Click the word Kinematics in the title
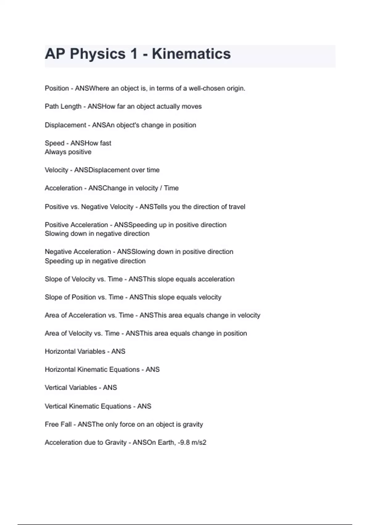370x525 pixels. pyautogui.click(x=191, y=54)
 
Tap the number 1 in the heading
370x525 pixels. pyautogui.click(x=134, y=54)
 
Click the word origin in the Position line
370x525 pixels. pyautogui.click(x=236, y=88)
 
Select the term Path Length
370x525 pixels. pyautogui.click(x=63, y=107)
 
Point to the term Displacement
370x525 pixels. pyautogui.click(x=65, y=125)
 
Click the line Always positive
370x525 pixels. pyautogui.click(x=68, y=152)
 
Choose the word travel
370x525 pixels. pyautogui.click(x=237, y=207)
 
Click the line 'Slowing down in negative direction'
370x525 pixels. pyautogui.click(x=97, y=233)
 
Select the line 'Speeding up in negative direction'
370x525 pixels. pyautogui.click(x=95, y=261)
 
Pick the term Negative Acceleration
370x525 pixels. pyautogui.click(x=78, y=252)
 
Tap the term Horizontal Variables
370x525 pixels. pyautogui.click(x=75, y=351)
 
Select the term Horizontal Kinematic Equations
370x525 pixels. pyautogui.click(x=92, y=370)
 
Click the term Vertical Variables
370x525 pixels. pyautogui.click(x=71, y=388)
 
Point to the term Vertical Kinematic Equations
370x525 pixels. pyautogui.click(x=88, y=406)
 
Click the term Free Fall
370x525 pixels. pyautogui.click(x=58, y=424)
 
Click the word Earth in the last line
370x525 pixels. pyautogui.click(x=166, y=443)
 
